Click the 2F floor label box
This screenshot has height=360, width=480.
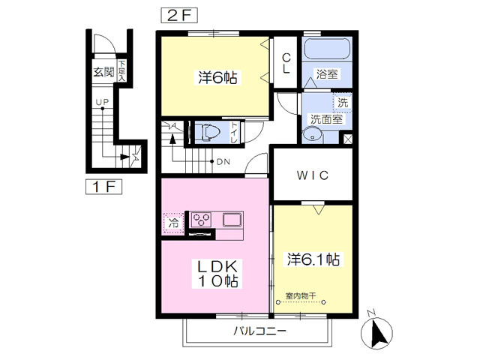(179, 15)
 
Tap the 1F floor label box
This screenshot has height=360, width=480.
(103, 187)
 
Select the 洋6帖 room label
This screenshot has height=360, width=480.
(217, 77)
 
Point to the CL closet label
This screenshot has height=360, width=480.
(286, 63)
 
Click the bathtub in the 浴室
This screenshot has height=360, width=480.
(327, 48)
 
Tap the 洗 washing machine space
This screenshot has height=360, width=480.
(343, 103)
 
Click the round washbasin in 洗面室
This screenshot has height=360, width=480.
(313, 136)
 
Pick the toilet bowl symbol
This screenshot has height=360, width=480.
(208, 132)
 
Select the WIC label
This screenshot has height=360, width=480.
(313, 175)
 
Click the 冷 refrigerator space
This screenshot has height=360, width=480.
(173, 223)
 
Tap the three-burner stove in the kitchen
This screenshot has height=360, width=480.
(201, 220)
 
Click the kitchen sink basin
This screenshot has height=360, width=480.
(232, 220)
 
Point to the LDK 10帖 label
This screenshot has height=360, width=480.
(217, 274)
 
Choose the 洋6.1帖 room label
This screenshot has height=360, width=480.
(313, 259)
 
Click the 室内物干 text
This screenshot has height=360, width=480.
(301, 296)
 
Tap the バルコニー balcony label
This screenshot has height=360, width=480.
(260, 331)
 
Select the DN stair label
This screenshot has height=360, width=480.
(223, 162)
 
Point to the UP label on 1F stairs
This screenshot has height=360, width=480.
(102, 102)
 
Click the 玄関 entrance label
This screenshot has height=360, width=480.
(103, 72)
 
